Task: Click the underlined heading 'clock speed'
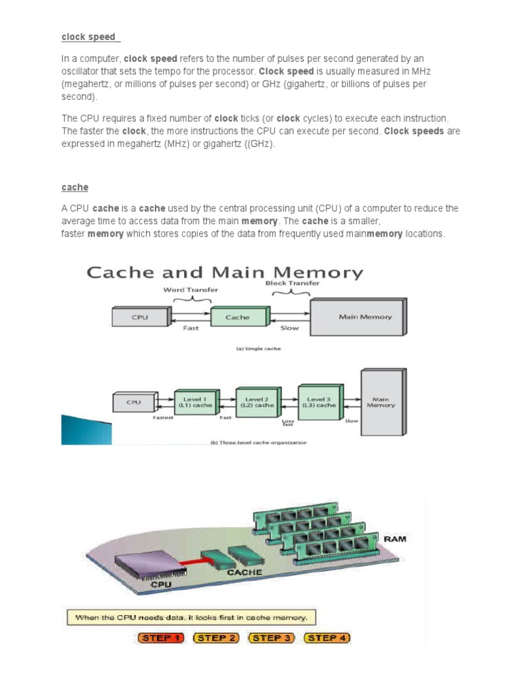[x=88, y=37]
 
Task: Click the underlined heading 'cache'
[x=75, y=187]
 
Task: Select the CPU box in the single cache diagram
[x=140, y=317]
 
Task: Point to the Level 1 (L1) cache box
[x=196, y=401]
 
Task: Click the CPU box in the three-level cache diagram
[x=134, y=402]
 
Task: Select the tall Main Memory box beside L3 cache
[x=382, y=402]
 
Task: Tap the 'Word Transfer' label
[x=190, y=290]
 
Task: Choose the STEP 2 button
[x=217, y=638]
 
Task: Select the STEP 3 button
[x=273, y=638]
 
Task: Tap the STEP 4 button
[x=328, y=638]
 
